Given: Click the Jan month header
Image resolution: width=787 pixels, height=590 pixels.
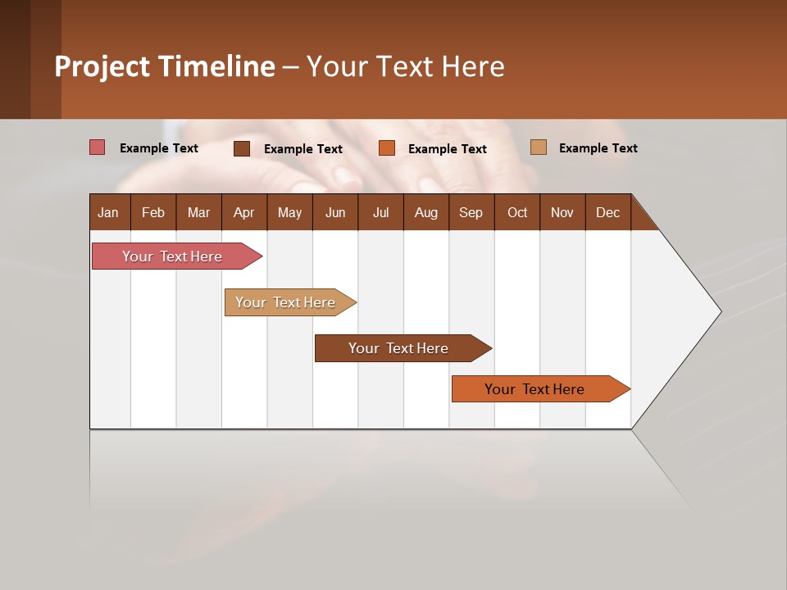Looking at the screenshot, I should [108, 212].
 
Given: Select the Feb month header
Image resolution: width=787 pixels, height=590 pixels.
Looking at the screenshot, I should [153, 212].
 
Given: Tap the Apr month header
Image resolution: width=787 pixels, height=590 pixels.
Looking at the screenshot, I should [243, 212].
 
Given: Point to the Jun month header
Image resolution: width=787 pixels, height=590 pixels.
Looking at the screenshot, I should [335, 212].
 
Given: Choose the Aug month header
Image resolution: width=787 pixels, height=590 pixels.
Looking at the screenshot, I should [425, 212].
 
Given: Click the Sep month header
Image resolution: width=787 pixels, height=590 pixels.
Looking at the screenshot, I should [471, 212].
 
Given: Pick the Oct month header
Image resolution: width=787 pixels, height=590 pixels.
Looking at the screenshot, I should [517, 212].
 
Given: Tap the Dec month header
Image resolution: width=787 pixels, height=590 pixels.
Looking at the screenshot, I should [607, 212].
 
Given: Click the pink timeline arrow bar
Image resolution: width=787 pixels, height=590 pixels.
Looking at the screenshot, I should [173, 256].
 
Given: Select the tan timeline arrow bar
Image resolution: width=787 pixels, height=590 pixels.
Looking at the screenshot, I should [286, 302].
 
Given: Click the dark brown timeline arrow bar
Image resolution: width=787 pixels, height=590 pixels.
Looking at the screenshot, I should [398, 348].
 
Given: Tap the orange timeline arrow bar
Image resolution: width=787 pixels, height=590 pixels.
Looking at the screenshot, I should [535, 389].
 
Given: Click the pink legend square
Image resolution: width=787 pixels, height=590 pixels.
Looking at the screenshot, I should [97, 147].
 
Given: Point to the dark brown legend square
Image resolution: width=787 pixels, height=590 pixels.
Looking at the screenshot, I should [242, 148].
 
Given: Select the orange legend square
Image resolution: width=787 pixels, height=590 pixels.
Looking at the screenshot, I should [387, 148].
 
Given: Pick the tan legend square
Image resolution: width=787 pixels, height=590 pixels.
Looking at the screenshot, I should [538, 147].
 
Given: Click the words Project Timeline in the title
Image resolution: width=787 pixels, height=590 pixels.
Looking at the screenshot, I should [165, 66].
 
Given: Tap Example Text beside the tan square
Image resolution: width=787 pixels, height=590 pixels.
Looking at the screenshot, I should [598, 148].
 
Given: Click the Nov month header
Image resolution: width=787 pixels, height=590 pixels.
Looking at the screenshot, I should [562, 212].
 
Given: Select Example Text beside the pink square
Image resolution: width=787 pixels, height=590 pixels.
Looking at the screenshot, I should [159, 148].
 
